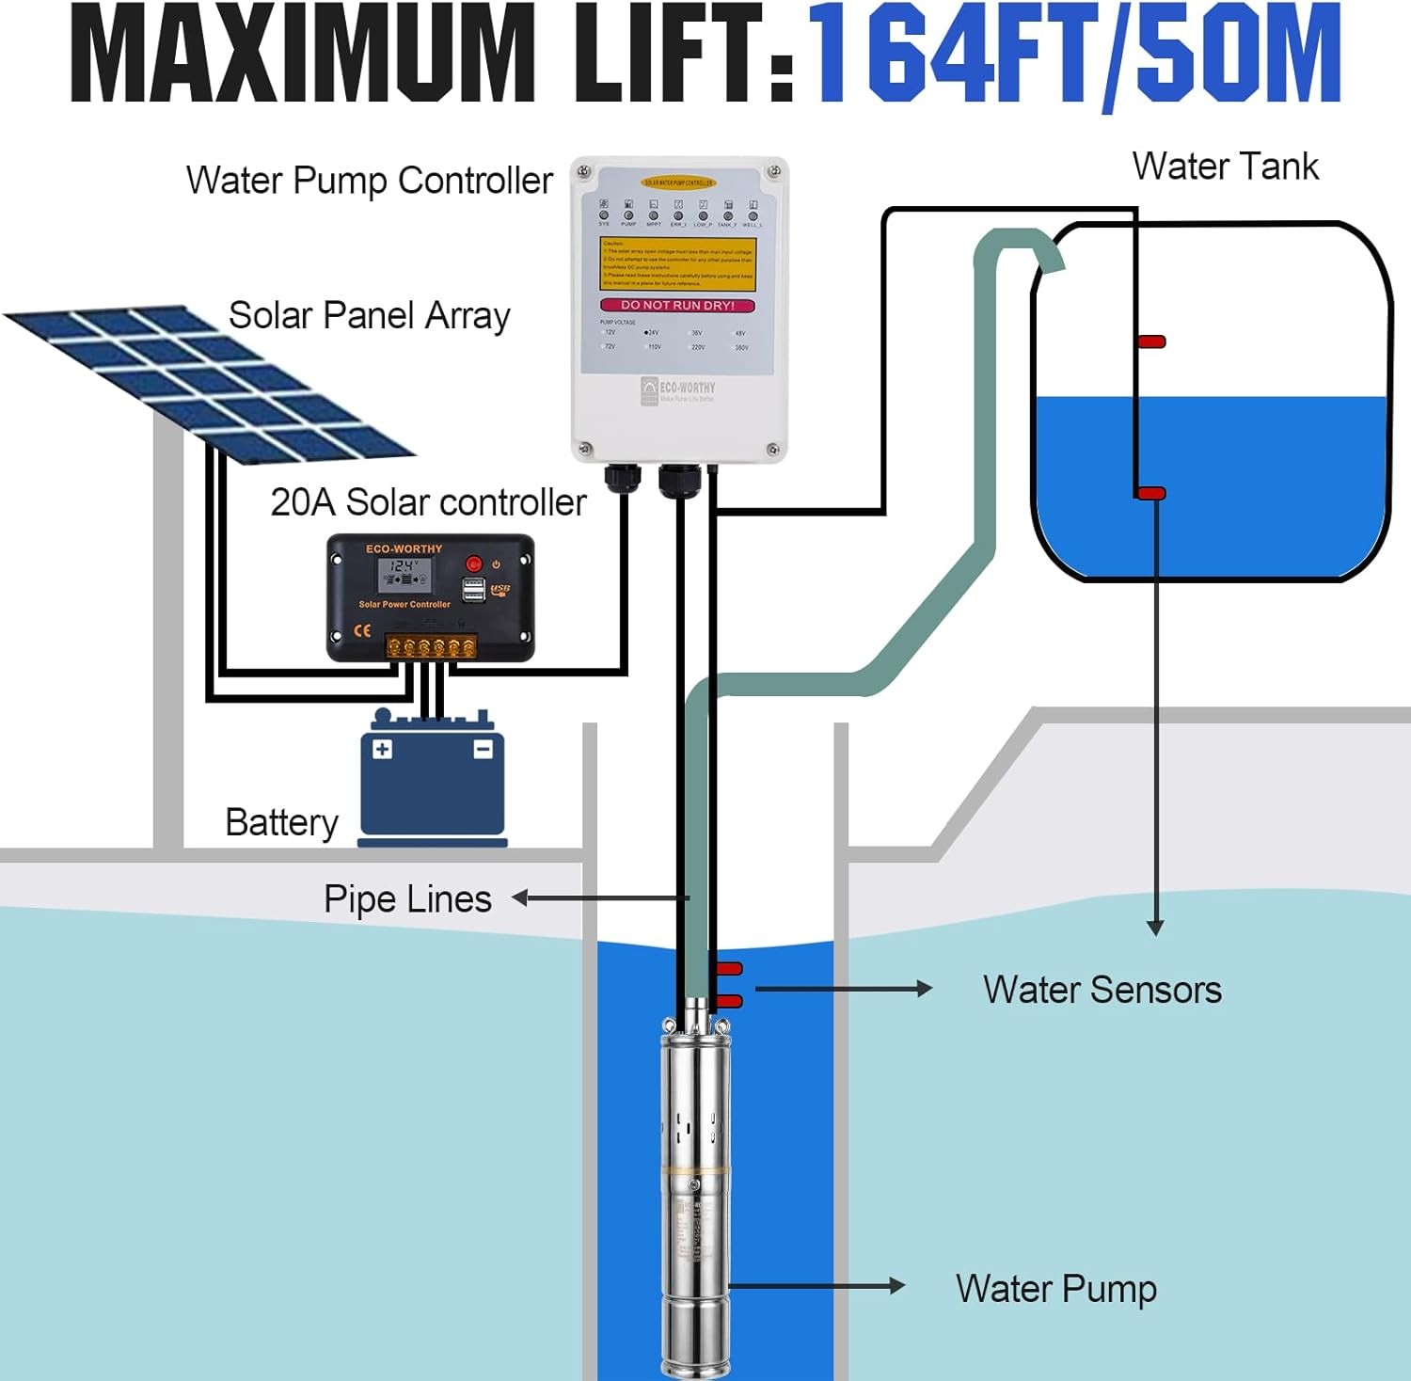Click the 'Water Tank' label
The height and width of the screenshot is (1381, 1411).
pyautogui.click(x=1225, y=167)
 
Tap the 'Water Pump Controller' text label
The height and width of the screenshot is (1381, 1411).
pyautogui.click(x=369, y=181)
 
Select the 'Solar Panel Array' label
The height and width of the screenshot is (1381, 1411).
pyautogui.click(x=369, y=315)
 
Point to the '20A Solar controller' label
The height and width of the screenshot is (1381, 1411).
pyautogui.click(x=428, y=502)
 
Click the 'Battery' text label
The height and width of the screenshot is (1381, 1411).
pyautogui.click(x=281, y=822)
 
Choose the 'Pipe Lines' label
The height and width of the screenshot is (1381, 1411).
pyautogui.click(x=407, y=899)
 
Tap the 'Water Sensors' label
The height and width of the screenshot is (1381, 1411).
pyautogui.click(x=1102, y=990)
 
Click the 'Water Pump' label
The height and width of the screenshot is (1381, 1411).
pyautogui.click(x=1055, y=1289)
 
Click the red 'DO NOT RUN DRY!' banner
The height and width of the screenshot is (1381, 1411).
pyautogui.click(x=678, y=305)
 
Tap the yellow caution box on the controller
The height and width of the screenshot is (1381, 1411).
pyautogui.click(x=678, y=263)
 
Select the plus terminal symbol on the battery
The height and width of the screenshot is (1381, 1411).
pyautogui.click(x=383, y=750)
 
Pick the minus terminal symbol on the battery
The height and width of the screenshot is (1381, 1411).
pyautogui.click(x=483, y=750)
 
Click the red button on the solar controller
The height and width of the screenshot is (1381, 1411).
pyautogui.click(x=474, y=564)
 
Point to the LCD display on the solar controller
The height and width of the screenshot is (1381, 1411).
pyautogui.click(x=404, y=573)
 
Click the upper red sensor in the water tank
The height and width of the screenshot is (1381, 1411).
pyautogui.click(x=1151, y=341)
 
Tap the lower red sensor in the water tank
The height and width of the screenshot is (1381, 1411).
pyautogui.click(x=1151, y=493)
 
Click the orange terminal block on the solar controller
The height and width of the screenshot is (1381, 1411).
pyautogui.click(x=431, y=646)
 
